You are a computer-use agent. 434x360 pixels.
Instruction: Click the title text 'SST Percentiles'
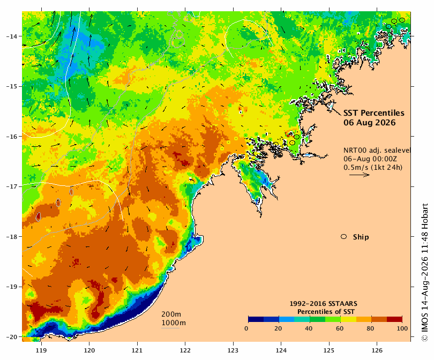pyautogui.click(x=373, y=113)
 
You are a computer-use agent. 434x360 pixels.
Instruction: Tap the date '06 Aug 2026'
pyautogui.click(x=370, y=123)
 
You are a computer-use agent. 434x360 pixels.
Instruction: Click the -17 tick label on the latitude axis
pyautogui.click(x=12, y=186)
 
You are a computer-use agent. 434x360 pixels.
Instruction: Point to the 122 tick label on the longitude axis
pyautogui.click(x=185, y=350)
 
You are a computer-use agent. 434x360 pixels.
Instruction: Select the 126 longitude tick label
pyautogui.click(x=377, y=350)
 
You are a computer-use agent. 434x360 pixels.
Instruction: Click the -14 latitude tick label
pyautogui.click(x=12, y=36)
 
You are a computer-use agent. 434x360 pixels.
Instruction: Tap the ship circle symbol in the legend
pyautogui.click(x=344, y=237)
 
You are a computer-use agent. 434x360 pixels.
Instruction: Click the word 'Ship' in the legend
pyautogui.click(x=361, y=237)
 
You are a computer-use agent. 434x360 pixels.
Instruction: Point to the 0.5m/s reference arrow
pyautogui.click(x=360, y=175)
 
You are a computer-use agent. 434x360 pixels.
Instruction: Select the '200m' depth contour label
pyautogui.click(x=171, y=314)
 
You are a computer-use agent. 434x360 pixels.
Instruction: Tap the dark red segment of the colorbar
pyautogui.click(x=394, y=319)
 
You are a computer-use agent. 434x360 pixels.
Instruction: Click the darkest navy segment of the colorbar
pyautogui.click(x=256, y=319)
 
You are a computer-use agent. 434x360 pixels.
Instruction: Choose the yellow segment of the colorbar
pyautogui.click(x=348, y=319)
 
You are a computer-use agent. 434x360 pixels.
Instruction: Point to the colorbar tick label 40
pyautogui.click(x=309, y=328)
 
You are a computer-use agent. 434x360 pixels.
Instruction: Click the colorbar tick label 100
pyautogui.click(x=402, y=328)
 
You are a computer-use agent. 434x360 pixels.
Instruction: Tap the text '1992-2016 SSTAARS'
pyautogui.click(x=323, y=304)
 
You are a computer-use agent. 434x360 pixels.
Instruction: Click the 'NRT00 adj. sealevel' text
pyautogui.click(x=377, y=150)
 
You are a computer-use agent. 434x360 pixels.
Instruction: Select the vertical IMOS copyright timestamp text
pyautogui.click(x=424, y=273)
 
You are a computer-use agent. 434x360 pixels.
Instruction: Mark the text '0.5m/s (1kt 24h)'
pyautogui.click(x=373, y=167)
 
